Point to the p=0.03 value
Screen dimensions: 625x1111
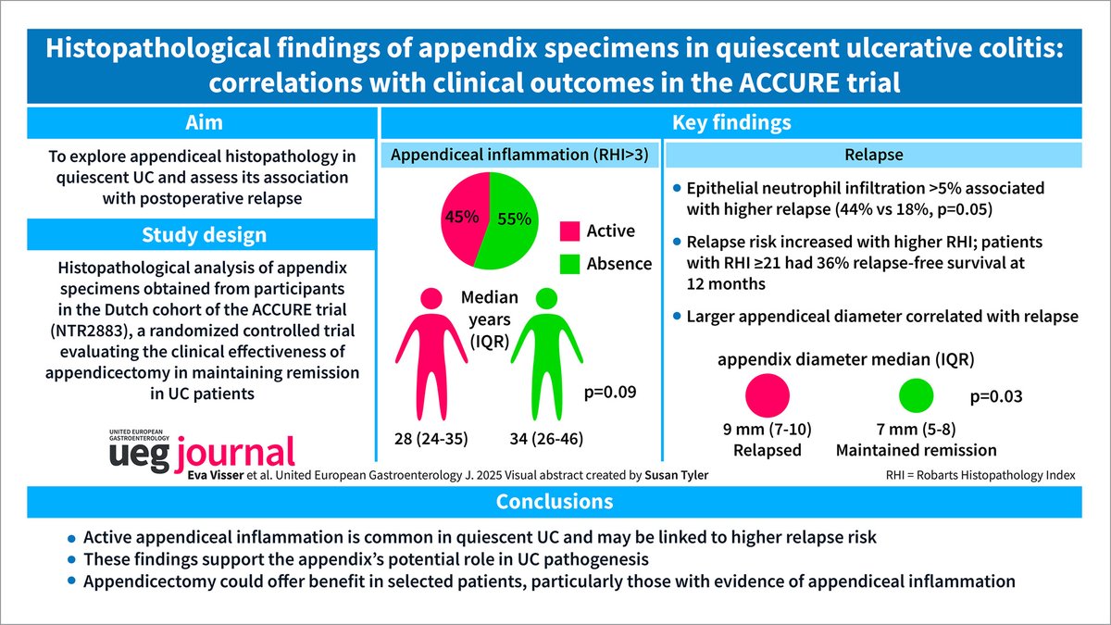(x=996, y=396)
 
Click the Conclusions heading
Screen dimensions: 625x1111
(x=555, y=501)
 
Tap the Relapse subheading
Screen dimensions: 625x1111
(x=874, y=156)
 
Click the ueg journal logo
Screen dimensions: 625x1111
(x=202, y=447)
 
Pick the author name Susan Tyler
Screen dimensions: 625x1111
(x=661, y=474)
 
